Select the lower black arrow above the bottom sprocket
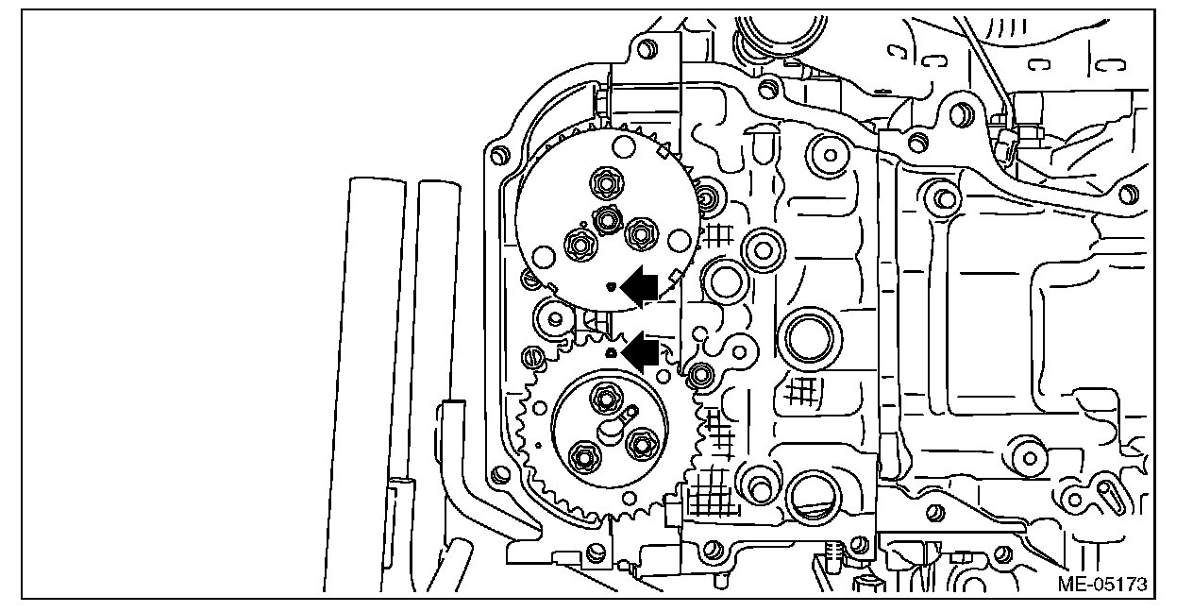click(642, 351)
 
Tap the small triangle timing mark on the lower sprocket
click(611, 352)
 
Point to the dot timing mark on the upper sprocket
click(611, 285)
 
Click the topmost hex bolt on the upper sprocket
click(602, 179)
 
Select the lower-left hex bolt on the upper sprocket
click(577, 245)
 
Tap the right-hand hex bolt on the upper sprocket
click(642, 230)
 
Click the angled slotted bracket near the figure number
click(1099, 491)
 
